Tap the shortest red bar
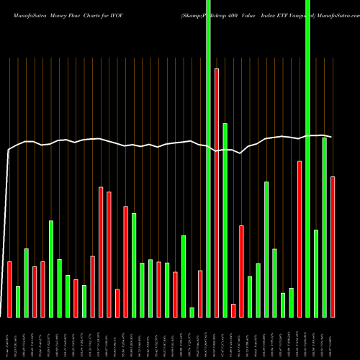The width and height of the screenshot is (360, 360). click(x=233, y=310)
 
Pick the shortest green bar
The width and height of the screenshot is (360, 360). click(x=192, y=312)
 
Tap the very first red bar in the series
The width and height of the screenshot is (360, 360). click(x=10, y=289)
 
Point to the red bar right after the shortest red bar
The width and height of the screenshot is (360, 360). click(x=241, y=271)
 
